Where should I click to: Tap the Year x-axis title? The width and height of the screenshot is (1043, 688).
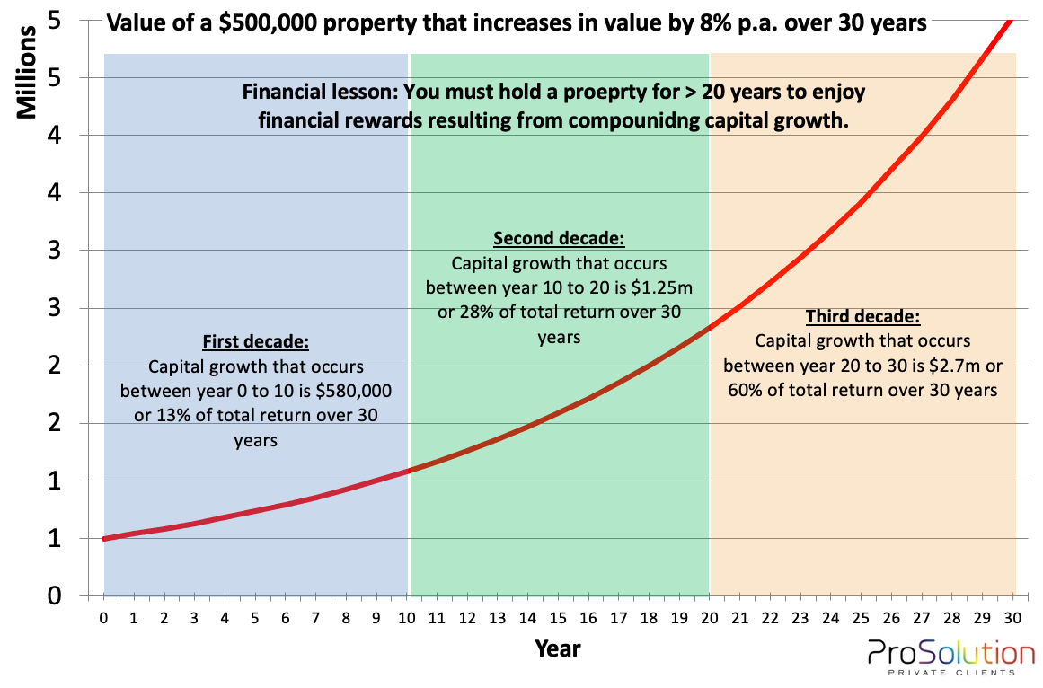[x=558, y=647]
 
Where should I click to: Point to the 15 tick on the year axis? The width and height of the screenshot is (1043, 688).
[x=558, y=618]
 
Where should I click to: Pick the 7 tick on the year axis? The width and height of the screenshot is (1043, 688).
[x=315, y=618]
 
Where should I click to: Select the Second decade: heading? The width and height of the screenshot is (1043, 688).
[x=559, y=239]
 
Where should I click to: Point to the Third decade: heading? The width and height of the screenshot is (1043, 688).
[x=862, y=316]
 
